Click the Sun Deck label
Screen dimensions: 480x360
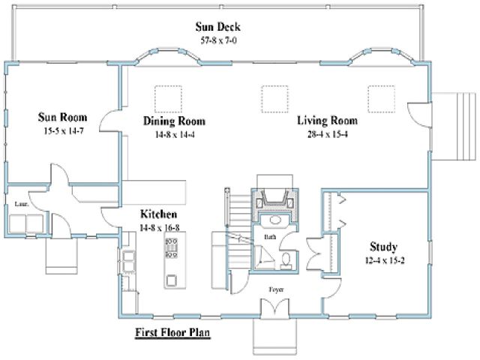[218, 27]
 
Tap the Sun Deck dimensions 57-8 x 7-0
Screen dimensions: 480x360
[218, 40]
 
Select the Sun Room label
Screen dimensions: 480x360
[62, 117]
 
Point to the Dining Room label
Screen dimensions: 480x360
[174, 121]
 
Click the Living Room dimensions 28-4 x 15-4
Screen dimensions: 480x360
[327, 134]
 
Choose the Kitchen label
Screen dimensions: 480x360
[158, 214]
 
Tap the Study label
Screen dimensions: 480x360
[383, 247]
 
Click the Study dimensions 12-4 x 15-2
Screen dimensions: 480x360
[385, 260]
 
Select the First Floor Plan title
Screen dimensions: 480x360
[172, 332]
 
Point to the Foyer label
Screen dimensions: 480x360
[276, 289]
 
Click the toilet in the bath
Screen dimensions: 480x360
[286, 261]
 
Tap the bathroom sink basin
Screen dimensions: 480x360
[275, 220]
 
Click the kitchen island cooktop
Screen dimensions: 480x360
[171, 247]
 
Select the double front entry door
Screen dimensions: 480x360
[274, 307]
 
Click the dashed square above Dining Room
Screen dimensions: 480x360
[168, 99]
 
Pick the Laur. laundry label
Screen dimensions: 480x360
[22, 204]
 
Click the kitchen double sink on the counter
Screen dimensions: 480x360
[128, 261]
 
